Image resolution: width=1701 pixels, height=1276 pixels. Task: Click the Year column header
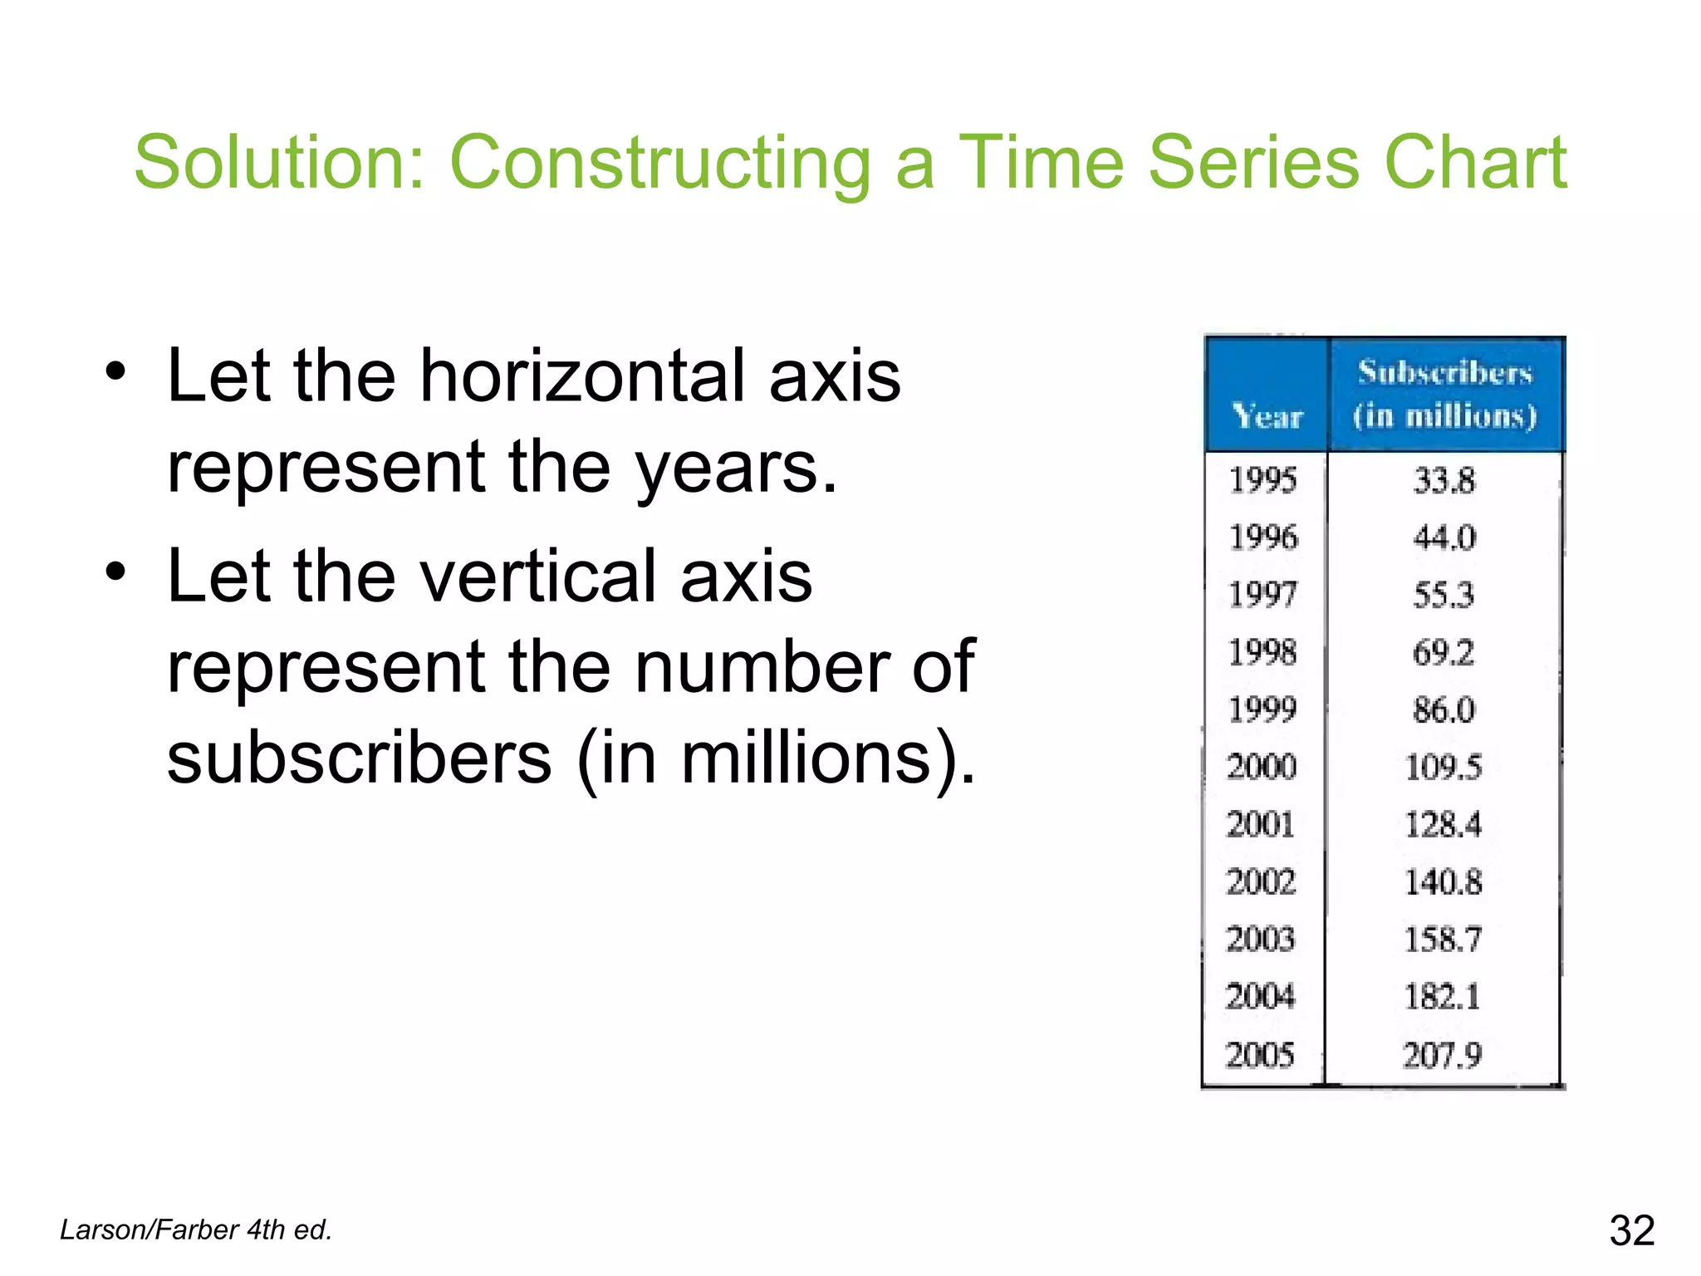tap(1267, 415)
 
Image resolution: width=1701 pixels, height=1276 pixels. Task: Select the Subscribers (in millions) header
tap(1445, 394)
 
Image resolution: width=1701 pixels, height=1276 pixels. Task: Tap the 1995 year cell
tap(1262, 480)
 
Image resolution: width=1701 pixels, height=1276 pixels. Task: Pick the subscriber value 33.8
tap(1444, 480)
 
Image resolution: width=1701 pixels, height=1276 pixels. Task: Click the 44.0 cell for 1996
tap(1444, 537)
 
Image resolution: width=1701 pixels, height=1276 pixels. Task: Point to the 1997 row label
tap(1262, 595)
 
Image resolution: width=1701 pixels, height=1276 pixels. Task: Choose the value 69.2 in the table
tap(1444, 652)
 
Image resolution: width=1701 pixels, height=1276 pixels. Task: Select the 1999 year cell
tap(1262, 709)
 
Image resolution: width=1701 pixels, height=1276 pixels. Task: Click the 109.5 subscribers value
tap(1443, 767)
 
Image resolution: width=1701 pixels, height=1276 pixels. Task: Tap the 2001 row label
tap(1261, 824)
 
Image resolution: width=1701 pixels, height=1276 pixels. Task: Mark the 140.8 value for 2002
tap(1443, 881)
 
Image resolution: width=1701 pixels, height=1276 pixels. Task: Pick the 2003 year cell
tap(1261, 939)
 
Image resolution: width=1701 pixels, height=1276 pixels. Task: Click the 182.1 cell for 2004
tap(1442, 996)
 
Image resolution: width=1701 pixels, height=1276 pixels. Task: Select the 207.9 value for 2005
tap(1442, 1055)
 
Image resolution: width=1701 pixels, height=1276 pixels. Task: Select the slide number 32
tap(1632, 1230)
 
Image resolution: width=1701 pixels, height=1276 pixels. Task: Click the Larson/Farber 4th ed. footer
tap(196, 1229)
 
